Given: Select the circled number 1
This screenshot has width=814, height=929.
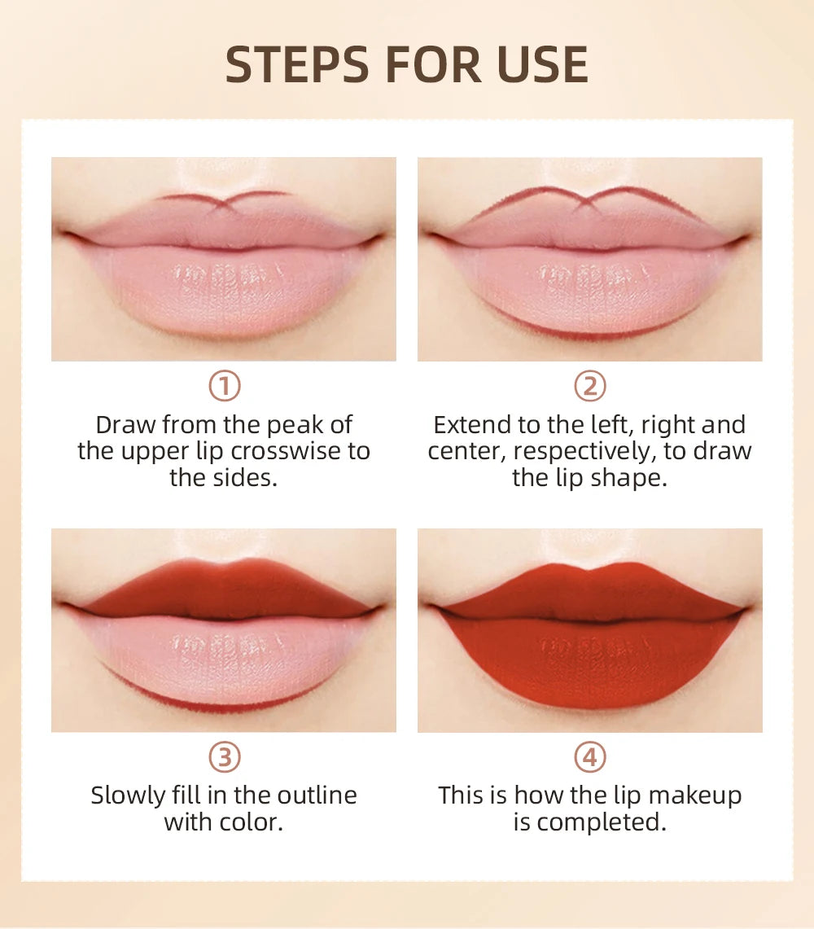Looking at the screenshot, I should pyautogui.click(x=224, y=386).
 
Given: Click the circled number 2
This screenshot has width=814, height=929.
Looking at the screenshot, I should pyautogui.click(x=590, y=386).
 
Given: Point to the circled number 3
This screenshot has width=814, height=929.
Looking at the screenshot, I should pyautogui.click(x=224, y=758).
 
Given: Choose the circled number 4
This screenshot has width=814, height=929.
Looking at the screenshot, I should pyautogui.click(x=590, y=758).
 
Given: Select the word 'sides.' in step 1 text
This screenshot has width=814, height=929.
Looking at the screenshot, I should pyautogui.click(x=247, y=477).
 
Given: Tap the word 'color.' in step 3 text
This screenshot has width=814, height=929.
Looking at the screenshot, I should pyautogui.click(x=249, y=822).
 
